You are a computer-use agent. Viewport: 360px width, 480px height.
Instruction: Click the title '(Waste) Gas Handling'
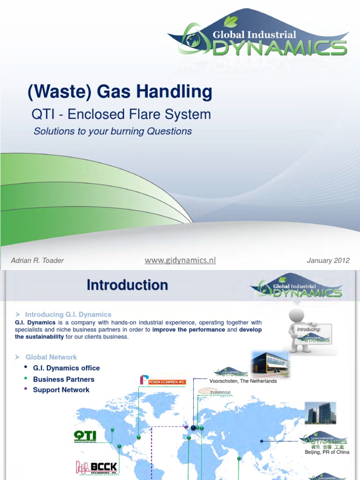(120, 92)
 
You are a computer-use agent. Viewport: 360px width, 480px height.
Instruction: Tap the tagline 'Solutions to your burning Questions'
(112, 131)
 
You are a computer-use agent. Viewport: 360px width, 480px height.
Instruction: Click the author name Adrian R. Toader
(37, 261)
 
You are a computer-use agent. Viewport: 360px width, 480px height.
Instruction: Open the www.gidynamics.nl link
(180, 260)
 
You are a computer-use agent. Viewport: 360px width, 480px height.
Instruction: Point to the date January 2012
(328, 261)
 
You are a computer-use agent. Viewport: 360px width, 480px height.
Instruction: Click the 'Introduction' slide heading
(127, 285)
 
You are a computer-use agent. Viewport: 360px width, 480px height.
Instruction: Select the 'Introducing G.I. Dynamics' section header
(68, 314)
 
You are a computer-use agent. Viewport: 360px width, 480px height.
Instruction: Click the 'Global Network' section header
(51, 357)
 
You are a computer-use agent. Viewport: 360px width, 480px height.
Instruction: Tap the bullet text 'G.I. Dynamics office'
(66, 368)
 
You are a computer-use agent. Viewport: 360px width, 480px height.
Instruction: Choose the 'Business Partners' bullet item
(63, 379)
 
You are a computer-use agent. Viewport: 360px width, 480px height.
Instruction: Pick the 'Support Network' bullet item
(61, 390)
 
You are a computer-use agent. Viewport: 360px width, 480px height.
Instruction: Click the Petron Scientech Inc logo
(163, 380)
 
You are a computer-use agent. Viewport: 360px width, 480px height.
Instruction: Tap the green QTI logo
(85, 436)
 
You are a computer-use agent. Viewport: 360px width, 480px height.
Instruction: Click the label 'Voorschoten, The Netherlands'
(243, 381)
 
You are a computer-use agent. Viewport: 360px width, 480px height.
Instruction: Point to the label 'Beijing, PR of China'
(327, 452)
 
